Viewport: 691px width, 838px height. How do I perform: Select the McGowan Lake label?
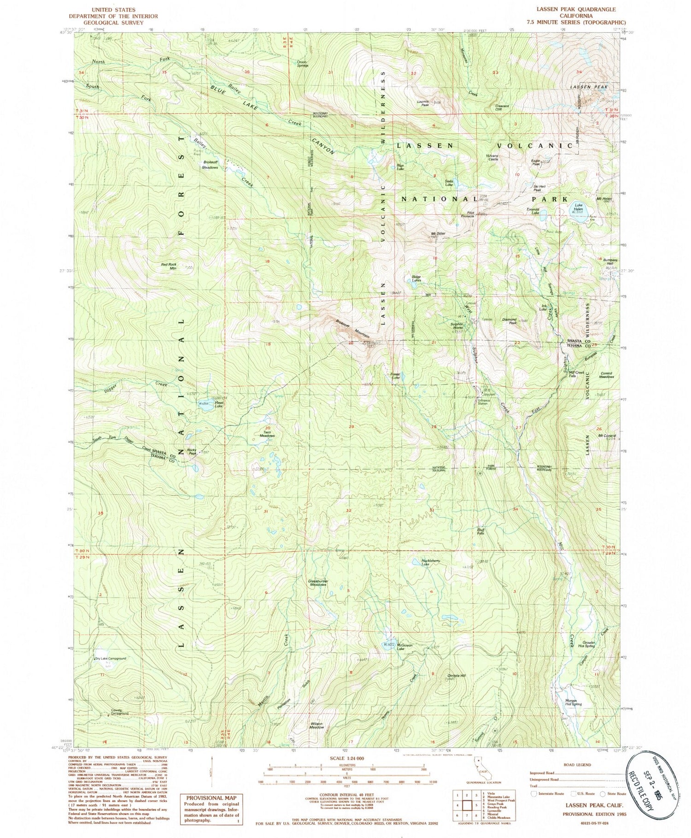[404, 646]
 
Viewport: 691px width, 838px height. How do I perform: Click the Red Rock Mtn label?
[169, 266]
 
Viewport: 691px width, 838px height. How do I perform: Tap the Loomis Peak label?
[422, 103]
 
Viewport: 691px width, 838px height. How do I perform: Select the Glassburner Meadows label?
[318, 583]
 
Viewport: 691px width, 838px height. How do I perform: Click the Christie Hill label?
[457, 676]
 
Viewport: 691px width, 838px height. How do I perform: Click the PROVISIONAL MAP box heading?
[210, 798]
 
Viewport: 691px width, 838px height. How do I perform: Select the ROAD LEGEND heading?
[577, 765]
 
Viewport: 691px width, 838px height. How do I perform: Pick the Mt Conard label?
[607, 436]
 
